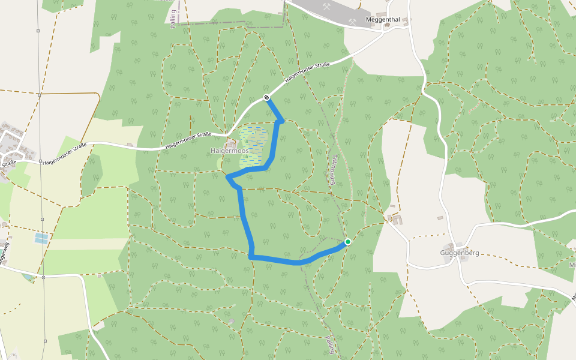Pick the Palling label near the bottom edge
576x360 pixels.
click(x=331, y=344)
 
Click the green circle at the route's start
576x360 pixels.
click(x=347, y=242)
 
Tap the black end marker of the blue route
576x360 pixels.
click(x=266, y=97)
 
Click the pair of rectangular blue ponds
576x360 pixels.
click(x=41, y=238)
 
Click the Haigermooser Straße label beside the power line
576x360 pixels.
click(x=64, y=154)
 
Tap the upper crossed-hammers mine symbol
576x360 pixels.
click(x=327, y=7)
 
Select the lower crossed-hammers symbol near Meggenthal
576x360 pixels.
click(x=352, y=22)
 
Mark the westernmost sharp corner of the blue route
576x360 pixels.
click(x=227, y=177)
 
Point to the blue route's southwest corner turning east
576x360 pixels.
click(x=250, y=257)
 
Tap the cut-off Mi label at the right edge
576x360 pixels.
click(x=572, y=265)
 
